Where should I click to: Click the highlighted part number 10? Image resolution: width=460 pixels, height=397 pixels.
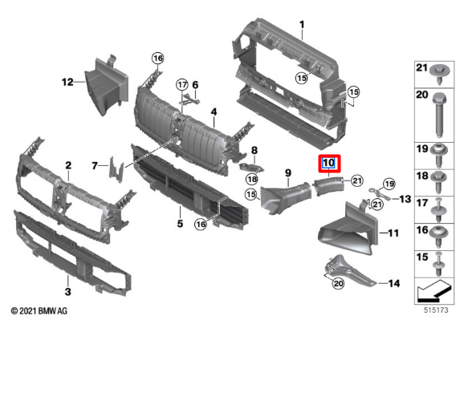point(328,163)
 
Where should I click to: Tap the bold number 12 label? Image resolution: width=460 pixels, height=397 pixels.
point(67,82)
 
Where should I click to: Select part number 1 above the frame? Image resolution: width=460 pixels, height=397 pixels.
point(302,25)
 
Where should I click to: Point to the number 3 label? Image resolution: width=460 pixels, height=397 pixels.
point(67,291)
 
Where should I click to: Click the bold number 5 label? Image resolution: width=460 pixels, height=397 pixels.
point(180,224)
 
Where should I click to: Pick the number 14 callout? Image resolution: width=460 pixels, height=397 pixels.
point(393,283)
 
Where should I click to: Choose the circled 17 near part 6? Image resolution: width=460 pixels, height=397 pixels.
point(182,85)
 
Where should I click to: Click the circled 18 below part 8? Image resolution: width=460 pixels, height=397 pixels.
point(252,179)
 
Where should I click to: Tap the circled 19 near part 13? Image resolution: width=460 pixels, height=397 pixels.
point(389,184)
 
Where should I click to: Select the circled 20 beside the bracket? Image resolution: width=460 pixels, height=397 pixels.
point(338,283)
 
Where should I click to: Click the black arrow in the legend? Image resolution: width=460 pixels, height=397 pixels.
point(433,291)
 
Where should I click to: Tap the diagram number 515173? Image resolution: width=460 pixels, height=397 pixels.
point(436,310)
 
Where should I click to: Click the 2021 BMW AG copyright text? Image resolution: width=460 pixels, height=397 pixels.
point(39,311)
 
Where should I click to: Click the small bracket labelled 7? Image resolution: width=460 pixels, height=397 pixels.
point(116,170)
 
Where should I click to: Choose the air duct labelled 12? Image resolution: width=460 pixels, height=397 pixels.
point(107,85)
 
